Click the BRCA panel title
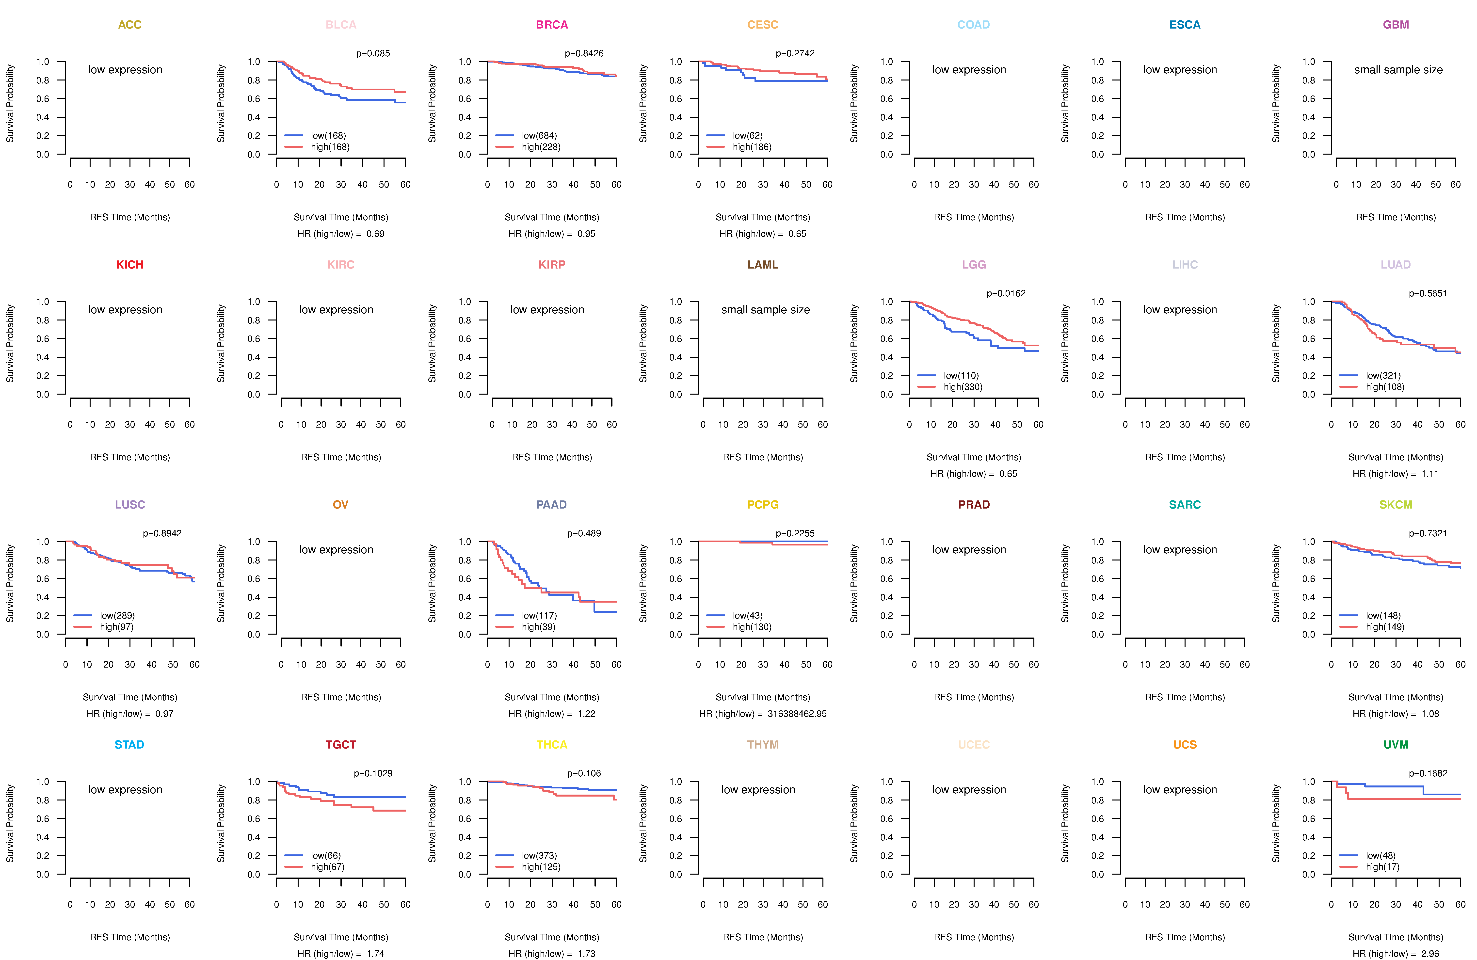point(552,25)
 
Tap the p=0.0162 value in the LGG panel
point(1006,293)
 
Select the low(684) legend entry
point(539,135)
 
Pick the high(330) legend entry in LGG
point(963,387)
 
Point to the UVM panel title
point(1396,745)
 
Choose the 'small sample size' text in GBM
point(1398,69)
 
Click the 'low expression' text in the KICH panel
point(125,310)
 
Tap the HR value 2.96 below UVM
point(1430,954)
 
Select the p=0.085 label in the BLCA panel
point(373,53)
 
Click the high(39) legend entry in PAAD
point(538,627)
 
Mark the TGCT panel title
point(341,745)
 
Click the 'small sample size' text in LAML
point(765,310)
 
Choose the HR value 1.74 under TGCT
point(375,954)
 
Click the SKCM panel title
point(1396,505)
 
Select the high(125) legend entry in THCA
point(541,867)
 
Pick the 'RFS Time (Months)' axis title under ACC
point(130,217)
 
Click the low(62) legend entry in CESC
point(747,135)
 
